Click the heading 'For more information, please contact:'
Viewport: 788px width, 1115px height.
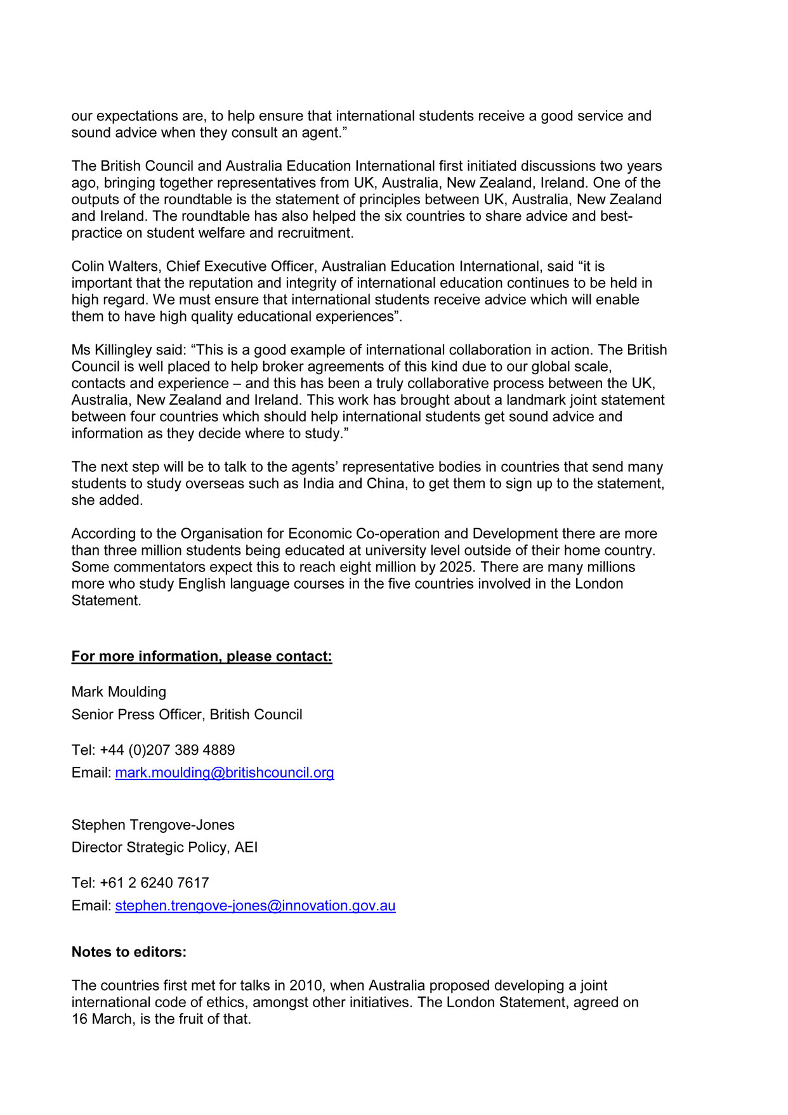[201, 656]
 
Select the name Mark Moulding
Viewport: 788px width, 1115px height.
[119, 692]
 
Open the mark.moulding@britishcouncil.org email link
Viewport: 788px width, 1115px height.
[225, 773]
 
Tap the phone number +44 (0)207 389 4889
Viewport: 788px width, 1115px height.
[167, 750]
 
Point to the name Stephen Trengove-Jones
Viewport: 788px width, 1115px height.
[153, 825]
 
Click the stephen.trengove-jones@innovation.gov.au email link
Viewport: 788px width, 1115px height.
[255, 906]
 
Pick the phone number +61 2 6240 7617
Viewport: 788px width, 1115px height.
[154, 883]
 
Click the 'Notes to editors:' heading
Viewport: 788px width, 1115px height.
[129, 952]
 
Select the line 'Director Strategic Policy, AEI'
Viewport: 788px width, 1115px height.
[164, 847]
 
